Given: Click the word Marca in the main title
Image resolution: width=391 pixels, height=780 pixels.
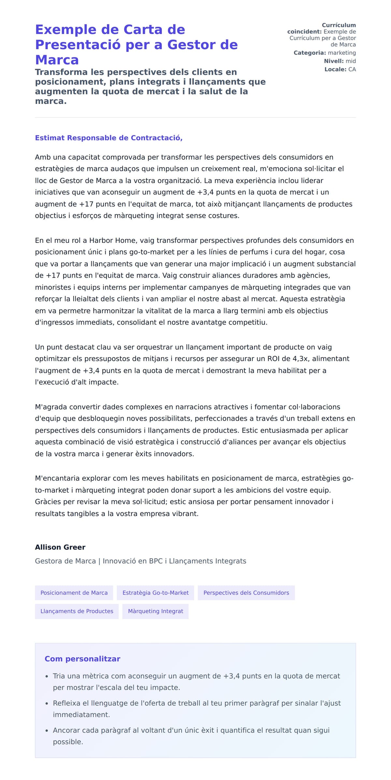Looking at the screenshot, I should pos(57,60).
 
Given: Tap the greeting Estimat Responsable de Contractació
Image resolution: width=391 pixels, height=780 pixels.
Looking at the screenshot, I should pos(109,138).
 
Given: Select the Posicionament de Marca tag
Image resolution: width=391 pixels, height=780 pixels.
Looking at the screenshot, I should pos(74,593).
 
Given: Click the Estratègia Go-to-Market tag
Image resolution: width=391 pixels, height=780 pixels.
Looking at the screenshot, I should pos(155,593).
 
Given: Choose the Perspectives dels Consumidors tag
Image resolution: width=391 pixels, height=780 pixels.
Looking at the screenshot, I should pos(246,593).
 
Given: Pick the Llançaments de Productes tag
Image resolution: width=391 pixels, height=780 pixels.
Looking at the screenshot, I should pos(77,611).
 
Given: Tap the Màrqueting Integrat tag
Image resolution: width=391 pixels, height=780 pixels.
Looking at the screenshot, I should pos(155,611).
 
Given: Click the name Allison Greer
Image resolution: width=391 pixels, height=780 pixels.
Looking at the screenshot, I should pos(60,547).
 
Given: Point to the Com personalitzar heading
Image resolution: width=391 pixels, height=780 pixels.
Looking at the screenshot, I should pos(82,659).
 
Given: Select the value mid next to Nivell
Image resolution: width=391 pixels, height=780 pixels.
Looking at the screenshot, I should pos(351,61).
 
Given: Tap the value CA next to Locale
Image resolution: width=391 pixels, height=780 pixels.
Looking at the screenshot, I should pos(352,69).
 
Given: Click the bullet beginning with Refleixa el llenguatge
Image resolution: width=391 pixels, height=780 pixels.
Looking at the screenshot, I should pos(197,703).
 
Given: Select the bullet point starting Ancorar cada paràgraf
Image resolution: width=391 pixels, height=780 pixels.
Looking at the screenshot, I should pos(191,730).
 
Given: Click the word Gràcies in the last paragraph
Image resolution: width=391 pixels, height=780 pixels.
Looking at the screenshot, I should pos(48,502).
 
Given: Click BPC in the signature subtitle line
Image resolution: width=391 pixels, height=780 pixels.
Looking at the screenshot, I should pos(156,561).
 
